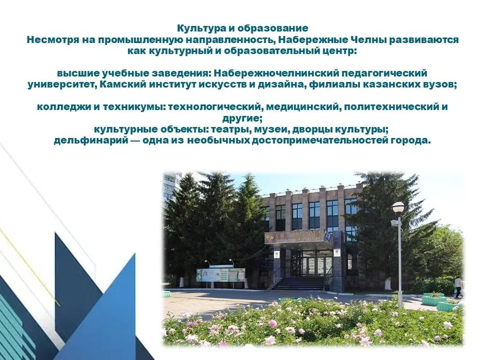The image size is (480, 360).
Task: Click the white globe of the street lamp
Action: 398,207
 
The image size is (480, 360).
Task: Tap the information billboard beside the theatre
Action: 220,275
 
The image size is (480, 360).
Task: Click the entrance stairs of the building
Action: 299,283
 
